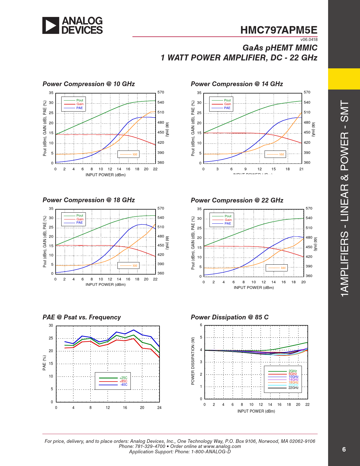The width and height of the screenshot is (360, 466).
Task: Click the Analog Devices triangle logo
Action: [x=51, y=25]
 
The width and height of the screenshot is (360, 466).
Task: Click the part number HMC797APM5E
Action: [x=279, y=30]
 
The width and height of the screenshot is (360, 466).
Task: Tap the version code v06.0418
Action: [x=309, y=40]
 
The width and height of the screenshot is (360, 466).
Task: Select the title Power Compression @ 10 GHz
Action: [x=89, y=84]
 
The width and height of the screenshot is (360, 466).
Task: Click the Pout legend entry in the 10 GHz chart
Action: [x=80, y=100]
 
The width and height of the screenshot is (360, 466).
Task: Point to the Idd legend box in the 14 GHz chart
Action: [x=275, y=154]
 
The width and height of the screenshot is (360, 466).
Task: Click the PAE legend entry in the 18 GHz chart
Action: [x=79, y=223]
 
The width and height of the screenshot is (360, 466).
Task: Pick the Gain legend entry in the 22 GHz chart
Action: [x=228, y=220]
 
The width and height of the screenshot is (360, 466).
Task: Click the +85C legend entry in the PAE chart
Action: [x=123, y=381]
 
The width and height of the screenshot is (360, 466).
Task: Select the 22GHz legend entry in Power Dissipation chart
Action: [x=293, y=388]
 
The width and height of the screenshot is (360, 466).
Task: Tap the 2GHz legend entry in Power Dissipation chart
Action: [x=293, y=371]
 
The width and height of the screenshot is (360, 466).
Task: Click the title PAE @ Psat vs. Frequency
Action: [x=82, y=317]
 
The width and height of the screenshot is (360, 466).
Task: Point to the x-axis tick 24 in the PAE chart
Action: [x=159, y=408]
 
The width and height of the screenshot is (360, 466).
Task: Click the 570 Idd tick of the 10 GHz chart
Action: [x=161, y=92]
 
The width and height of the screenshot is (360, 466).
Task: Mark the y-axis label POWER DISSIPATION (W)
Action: [x=193, y=361]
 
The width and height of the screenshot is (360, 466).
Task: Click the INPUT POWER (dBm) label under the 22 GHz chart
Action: [x=254, y=288]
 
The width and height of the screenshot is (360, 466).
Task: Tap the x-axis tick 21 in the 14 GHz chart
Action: [x=301, y=169]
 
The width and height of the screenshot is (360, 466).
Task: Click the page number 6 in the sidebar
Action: [x=344, y=449]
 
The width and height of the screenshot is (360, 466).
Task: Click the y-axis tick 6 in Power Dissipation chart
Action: [x=201, y=325]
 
